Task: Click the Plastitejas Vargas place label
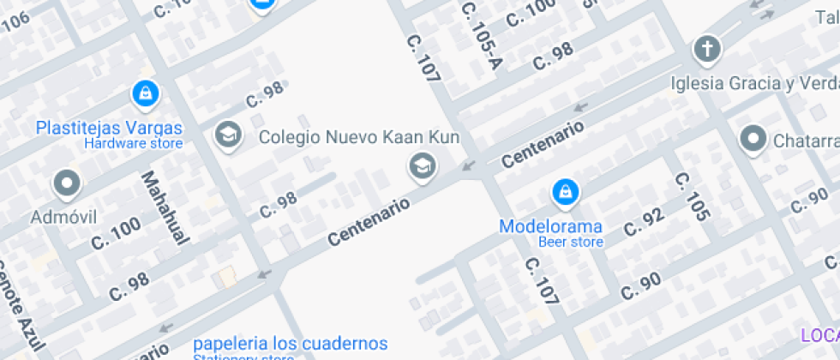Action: coord(109,128)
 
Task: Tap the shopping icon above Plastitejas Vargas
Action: coord(144,93)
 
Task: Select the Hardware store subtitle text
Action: coord(133,144)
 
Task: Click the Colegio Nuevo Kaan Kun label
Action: coord(359,136)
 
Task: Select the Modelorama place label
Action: coord(551,227)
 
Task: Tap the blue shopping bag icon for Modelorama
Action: coord(564,193)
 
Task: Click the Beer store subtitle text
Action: coord(571,242)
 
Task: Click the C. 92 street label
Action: coord(644,222)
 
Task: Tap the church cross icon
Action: coord(707,50)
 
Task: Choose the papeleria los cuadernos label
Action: coord(290,344)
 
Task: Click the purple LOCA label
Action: coord(819,335)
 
